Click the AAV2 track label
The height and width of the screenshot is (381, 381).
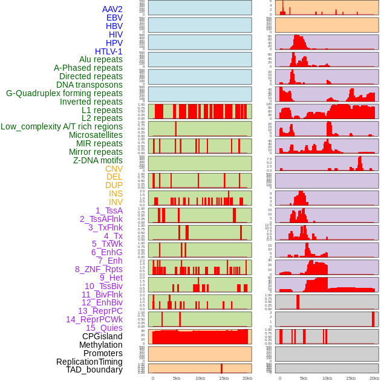pos(112,10)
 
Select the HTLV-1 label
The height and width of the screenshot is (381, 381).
pos(109,51)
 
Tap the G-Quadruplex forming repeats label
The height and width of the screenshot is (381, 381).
pos(64,93)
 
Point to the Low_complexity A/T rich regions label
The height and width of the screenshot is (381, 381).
pos(62,126)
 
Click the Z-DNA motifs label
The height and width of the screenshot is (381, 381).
pos(98,160)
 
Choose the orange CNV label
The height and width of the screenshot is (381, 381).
pos(114,169)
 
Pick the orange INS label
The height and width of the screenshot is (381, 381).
pos(116,194)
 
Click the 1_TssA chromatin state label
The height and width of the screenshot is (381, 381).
pos(109,210)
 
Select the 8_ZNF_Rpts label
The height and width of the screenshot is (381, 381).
pos(99,269)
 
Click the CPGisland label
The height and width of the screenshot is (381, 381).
pos(102,336)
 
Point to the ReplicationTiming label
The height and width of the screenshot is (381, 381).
pos(90,362)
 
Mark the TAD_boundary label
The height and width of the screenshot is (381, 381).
pos(94,370)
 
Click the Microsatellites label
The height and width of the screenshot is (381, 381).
pos(96,135)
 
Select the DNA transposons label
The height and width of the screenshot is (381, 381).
pos(90,85)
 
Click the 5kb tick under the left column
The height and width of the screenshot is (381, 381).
pos(177,378)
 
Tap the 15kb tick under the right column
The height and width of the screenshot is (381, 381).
pos(351,378)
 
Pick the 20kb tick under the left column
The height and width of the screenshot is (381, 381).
pos(247,378)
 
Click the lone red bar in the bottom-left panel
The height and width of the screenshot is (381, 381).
pos(221,368)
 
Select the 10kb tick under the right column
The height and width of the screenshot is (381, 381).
pos(327,378)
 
